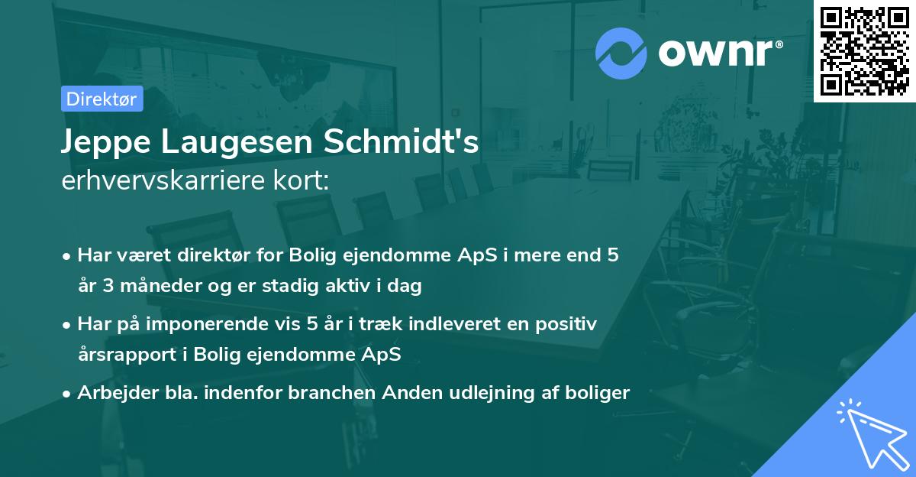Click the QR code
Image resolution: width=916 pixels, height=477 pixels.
pyautogui.click(x=864, y=50)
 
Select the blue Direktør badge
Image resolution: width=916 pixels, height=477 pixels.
pyautogui.click(x=102, y=99)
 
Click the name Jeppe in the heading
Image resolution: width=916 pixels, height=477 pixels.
pyautogui.click(x=106, y=143)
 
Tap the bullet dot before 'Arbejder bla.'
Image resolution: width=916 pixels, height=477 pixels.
pyautogui.click(x=68, y=394)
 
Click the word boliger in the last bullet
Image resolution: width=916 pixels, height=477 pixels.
pyautogui.click(x=601, y=393)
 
